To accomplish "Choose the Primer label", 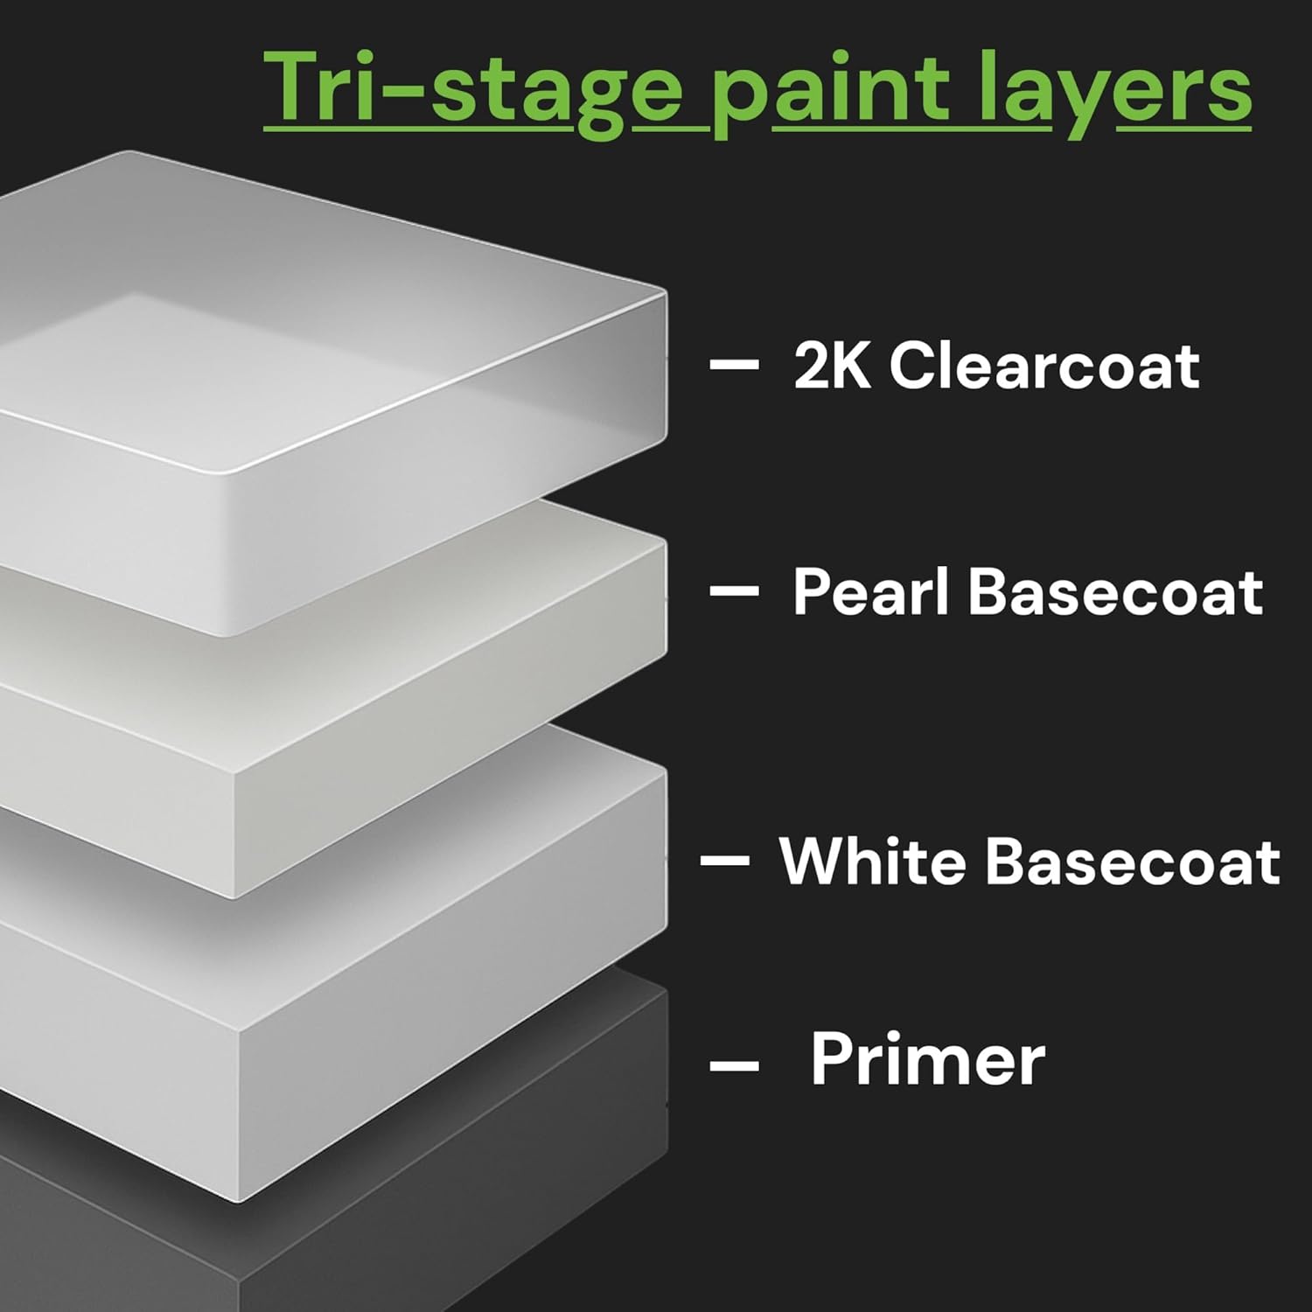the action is coord(928,1059).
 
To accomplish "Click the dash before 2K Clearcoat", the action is coord(733,365).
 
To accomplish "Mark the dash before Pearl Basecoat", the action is coord(733,592).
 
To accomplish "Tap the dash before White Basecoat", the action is coord(725,862).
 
